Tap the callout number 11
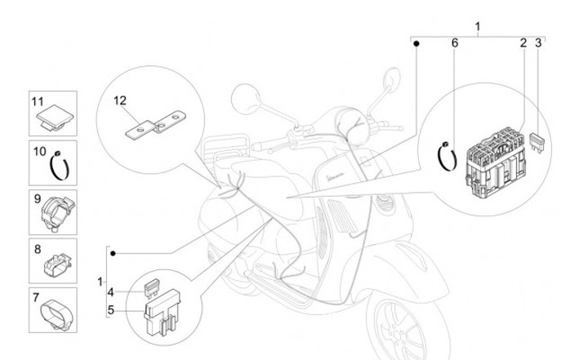click(38, 101)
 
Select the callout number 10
click(38, 151)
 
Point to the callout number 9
click(38, 198)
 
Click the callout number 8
click(38, 246)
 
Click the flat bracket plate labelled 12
click(156, 127)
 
